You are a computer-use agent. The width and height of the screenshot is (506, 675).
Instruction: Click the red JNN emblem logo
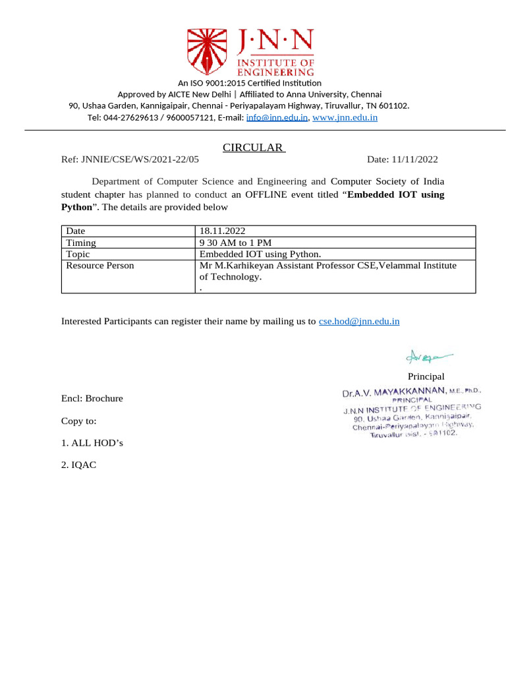(210, 52)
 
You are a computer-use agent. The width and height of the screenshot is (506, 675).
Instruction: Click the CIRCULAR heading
(253, 148)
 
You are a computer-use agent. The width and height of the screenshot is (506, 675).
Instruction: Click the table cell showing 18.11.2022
(222, 231)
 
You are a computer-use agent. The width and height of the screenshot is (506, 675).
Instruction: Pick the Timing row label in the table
(81, 243)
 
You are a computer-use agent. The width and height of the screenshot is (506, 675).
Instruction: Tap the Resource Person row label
(100, 266)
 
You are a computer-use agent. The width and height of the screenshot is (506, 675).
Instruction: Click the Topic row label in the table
(78, 254)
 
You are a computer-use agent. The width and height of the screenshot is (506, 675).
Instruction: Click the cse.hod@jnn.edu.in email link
(359, 322)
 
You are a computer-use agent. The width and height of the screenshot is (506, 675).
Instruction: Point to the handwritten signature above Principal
(428, 357)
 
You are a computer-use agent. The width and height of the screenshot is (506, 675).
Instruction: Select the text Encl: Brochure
(92, 399)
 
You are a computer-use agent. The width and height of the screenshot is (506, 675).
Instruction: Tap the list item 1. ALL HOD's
(92, 443)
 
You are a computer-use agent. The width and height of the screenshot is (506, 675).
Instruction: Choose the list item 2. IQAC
(79, 465)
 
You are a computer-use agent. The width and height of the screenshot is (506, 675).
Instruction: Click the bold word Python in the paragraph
(76, 207)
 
